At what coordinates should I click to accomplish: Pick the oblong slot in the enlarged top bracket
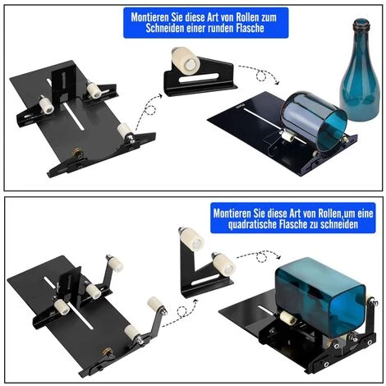tap(199, 77)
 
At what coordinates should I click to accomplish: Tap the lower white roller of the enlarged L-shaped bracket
tap(223, 264)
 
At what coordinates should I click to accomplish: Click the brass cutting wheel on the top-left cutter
tap(76, 153)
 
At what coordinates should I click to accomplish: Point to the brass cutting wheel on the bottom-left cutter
tap(108, 352)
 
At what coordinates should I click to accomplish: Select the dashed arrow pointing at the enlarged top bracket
tap(148, 110)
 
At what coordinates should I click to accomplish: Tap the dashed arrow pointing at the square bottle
tap(260, 255)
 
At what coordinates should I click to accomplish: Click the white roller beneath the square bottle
tap(287, 318)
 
